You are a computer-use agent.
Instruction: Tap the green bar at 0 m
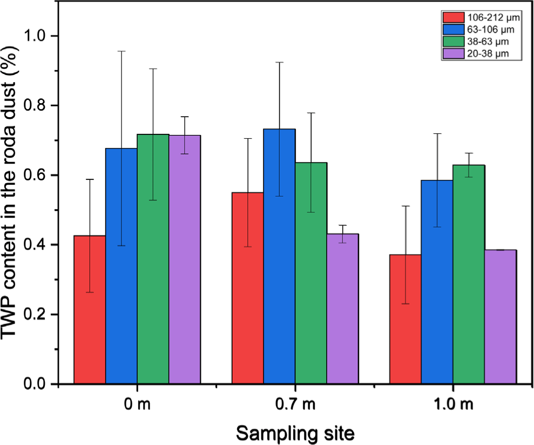[x=153, y=259]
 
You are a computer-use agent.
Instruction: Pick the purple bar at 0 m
[x=185, y=259]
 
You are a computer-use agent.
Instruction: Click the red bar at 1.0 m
[x=405, y=319]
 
